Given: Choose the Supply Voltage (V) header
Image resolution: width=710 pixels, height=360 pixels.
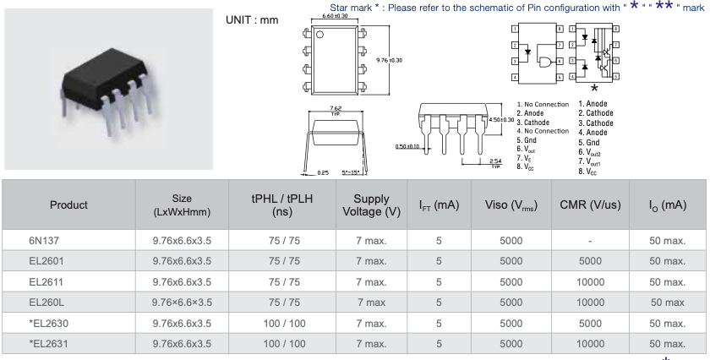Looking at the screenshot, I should click(x=371, y=205).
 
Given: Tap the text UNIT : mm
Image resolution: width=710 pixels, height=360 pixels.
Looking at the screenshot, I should click(x=254, y=19).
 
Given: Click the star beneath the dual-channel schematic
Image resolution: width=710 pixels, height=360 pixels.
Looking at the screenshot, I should click(x=595, y=88).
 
